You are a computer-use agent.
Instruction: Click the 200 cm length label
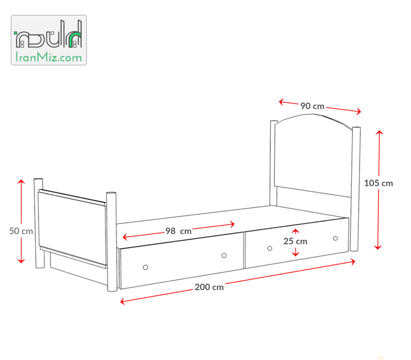[209, 287]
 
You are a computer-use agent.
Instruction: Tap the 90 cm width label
[312, 106]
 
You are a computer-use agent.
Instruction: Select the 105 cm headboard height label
[379, 183]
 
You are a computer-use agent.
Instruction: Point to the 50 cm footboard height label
[21, 231]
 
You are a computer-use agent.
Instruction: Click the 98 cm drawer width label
[178, 231]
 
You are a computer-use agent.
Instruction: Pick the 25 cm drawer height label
[295, 241]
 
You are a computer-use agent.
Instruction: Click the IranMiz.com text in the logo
[49, 57]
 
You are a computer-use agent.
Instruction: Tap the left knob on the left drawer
[145, 267]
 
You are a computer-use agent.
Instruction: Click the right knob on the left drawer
[224, 255]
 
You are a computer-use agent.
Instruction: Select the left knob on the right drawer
[270, 248]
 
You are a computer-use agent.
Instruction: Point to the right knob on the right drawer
[335, 238]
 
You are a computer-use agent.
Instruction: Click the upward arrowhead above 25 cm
[295, 230]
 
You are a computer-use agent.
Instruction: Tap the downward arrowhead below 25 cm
[295, 254]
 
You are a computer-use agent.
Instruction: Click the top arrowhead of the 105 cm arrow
[379, 132]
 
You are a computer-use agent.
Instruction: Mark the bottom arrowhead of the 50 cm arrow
[21, 261]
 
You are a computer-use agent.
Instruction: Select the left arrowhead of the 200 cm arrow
[122, 301]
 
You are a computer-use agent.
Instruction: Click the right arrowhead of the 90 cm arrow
[359, 111]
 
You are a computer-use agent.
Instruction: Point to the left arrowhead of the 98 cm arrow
[125, 237]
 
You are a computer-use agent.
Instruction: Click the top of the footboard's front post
[111, 193]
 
